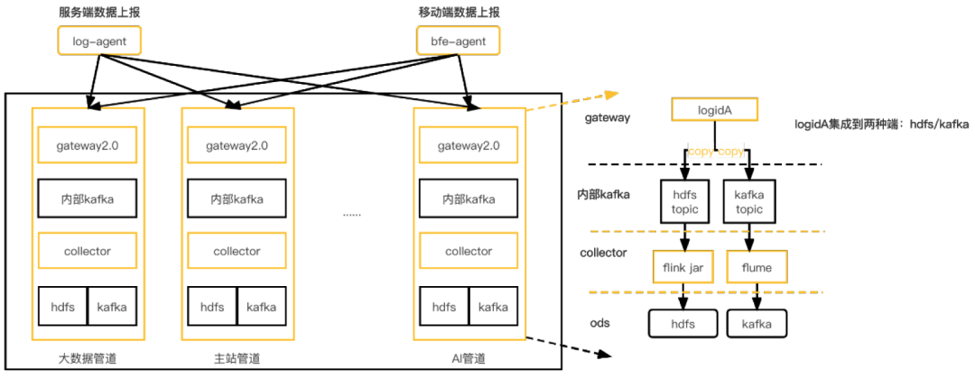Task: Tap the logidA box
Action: tap(715, 110)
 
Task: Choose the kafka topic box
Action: tap(748, 201)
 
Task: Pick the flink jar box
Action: tap(683, 267)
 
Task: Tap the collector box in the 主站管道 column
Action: tap(237, 251)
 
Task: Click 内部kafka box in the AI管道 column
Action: tap(469, 199)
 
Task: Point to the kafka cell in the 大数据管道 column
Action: tap(112, 307)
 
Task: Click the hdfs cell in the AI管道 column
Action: tap(444, 307)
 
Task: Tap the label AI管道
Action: tap(468, 359)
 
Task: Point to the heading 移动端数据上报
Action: tap(459, 12)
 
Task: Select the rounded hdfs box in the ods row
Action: tap(683, 323)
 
